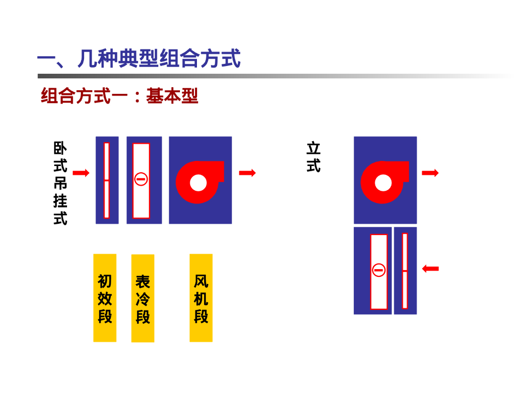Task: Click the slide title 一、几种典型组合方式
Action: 139,59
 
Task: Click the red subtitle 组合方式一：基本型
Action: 120,96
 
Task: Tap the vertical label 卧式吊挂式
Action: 60,183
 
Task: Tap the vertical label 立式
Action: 313,157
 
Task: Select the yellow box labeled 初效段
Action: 105,298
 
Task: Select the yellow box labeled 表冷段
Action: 143,298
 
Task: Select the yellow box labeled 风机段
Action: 201,298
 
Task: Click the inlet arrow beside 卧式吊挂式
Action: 81,173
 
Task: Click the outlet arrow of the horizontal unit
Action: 247,173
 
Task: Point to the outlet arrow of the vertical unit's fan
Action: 430,173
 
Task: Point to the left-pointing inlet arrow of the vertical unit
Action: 430,268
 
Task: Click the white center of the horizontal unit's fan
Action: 199,183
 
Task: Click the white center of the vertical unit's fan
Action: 383,183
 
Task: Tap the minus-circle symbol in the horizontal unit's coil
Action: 141,179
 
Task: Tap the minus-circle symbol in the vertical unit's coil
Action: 379,270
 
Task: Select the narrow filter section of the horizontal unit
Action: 107,180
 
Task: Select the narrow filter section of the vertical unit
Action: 405,271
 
